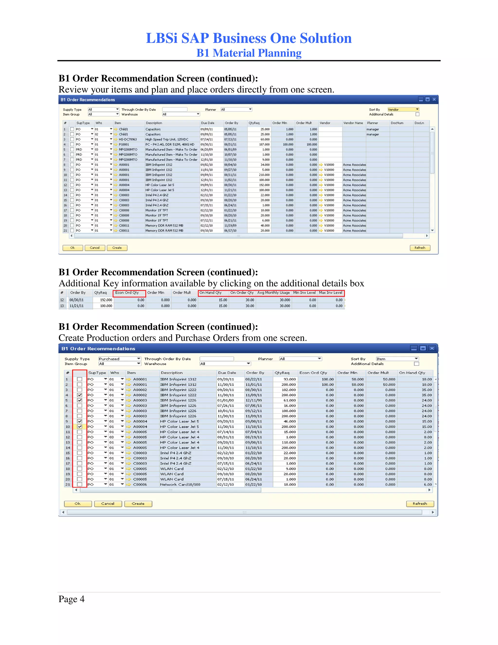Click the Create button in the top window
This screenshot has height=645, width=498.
point(117,248)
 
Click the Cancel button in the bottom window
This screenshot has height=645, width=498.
point(108,504)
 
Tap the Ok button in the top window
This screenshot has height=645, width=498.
point(72,248)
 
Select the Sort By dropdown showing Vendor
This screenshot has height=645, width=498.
point(403,110)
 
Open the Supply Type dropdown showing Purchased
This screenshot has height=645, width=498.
point(119,359)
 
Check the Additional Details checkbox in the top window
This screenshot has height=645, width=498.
point(417,114)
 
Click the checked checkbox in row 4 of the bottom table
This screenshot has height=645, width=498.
point(79,395)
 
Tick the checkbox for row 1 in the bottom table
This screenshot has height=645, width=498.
point(79,379)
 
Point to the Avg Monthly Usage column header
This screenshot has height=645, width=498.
point(274,293)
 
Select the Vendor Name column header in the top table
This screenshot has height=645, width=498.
point(353,123)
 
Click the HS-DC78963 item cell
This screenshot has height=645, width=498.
point(128,139)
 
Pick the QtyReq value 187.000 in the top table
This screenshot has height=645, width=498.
point(264,144)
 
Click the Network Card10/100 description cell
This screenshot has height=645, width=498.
point(180,485)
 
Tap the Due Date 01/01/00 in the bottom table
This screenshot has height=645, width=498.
point(225,400)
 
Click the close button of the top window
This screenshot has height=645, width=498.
point(434,100)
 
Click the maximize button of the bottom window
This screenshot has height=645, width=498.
point(423,349)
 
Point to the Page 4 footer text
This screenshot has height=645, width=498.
point(71,599)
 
